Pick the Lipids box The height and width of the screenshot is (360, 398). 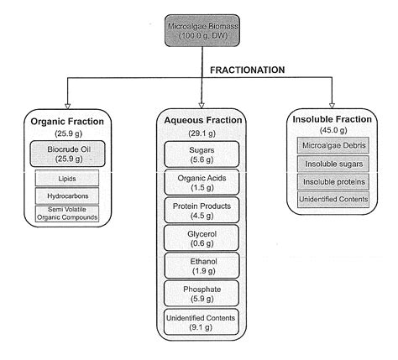tap(67, 178)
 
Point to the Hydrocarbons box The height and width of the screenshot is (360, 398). tap(67, 196)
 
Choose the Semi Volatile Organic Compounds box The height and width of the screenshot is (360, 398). tap(67, 214)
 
